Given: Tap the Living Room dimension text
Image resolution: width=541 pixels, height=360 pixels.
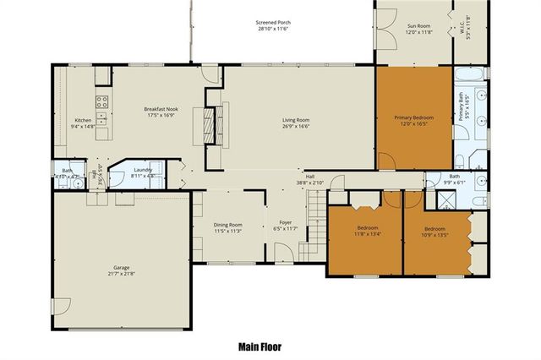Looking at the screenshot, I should click(296, 127).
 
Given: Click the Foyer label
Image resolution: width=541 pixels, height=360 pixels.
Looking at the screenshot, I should click(286, 224).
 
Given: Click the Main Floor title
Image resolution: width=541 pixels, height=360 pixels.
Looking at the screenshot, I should click(259, 346).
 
